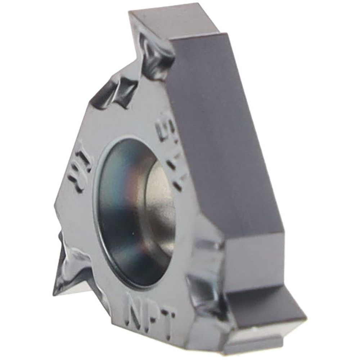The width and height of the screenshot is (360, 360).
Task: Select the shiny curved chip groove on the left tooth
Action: click(x=72, y=266)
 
